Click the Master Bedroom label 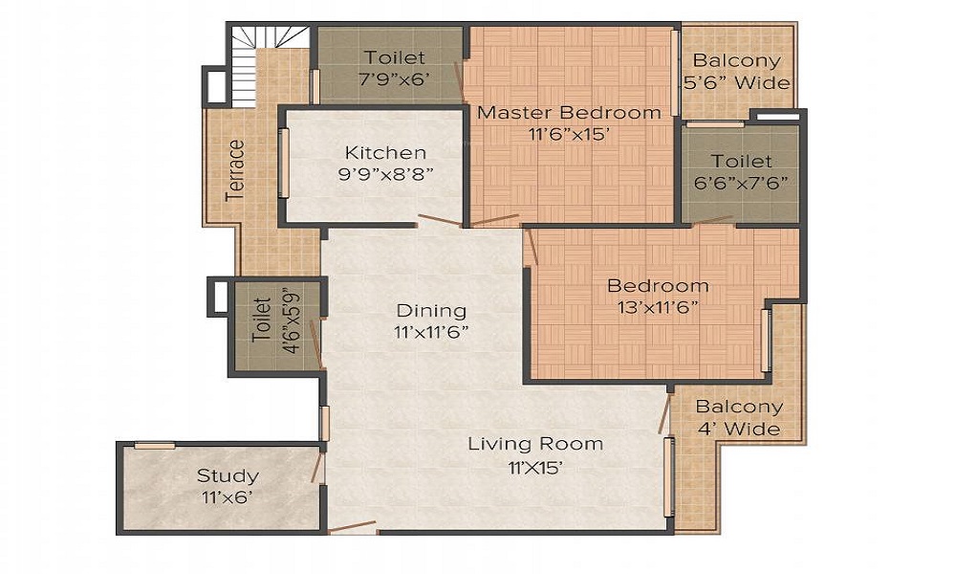pyautogui.click(x=569, y=112)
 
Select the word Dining pyautogui.click(x=432, y=311)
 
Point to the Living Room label pyautogui.click(x=535, y=444)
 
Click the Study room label pyautogui.click(x=228, y=475)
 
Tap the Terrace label pyautogui.click(x=234, y=170)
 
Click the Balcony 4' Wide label pyautogui.click(x=739, y=418)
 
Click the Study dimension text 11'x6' pyautogui.click(x=228, y=497)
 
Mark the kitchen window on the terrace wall pyautogui.click(x=283, y=163)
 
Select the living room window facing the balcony pyautogui.click(x=669, y=475)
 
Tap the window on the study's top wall pyautogui.click(x=154, y=445)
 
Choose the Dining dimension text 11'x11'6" pyautogui.click(x=431, y=333)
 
